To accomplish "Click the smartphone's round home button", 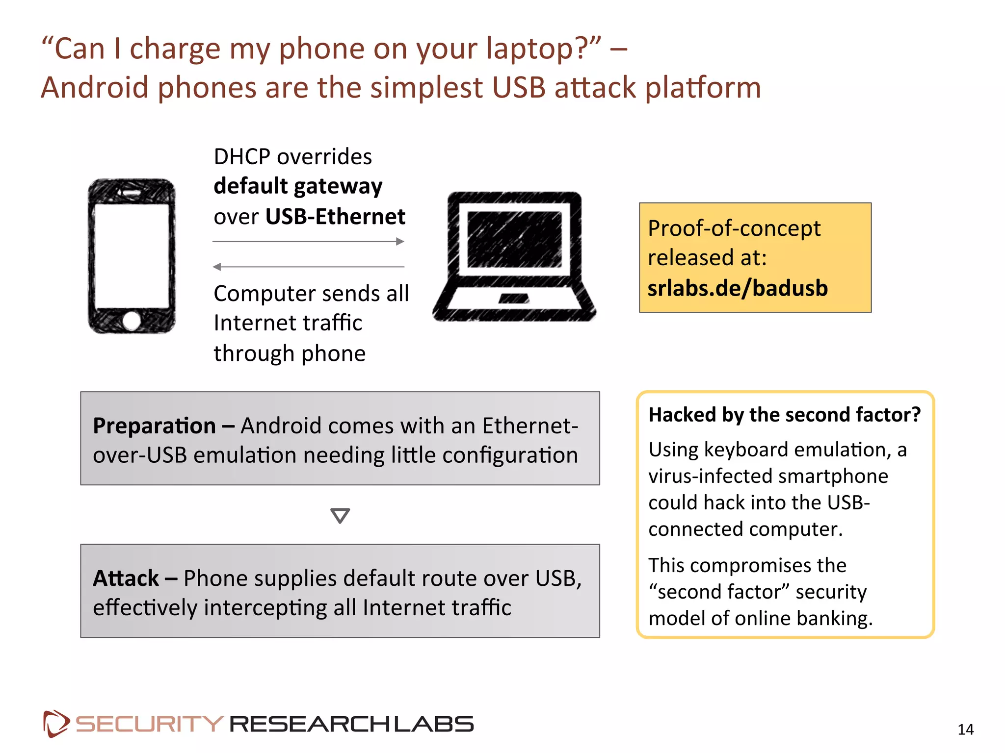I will pyautogui.click(x=132, y=321).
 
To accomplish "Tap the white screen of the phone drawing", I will pyautogui.click(x=132, y=256).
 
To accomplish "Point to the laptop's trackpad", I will pyautogui.click(x=514, y=299).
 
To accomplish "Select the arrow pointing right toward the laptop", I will pyautogui.click(x=308, y=241).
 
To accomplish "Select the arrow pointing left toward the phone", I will pyautogui.click(x=308, y=267).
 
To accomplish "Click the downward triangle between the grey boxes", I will pyautogui.click(x=340, y=515).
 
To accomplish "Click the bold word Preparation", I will pyautogui.click(x=154, y=426).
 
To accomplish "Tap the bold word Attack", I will pyautogui.click(x=126, y=578).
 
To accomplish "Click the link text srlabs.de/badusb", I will pyautogui.click(x=738, y=288).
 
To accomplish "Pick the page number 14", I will pyautogui.click(x=965, y=729).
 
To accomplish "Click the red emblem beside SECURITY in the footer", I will pyautogui.click(x=56, y=724).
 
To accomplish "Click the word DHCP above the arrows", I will pyautogui.click(x=242, y=157).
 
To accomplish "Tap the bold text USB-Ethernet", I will pyautogui.click(x=335, y=217).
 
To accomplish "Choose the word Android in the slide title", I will pyautogui.click(x=94, y=88).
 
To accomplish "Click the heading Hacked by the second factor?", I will pyautogui.click(x=784, y=415).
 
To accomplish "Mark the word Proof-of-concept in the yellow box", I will pyautogui.click(x=734, y=228).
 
